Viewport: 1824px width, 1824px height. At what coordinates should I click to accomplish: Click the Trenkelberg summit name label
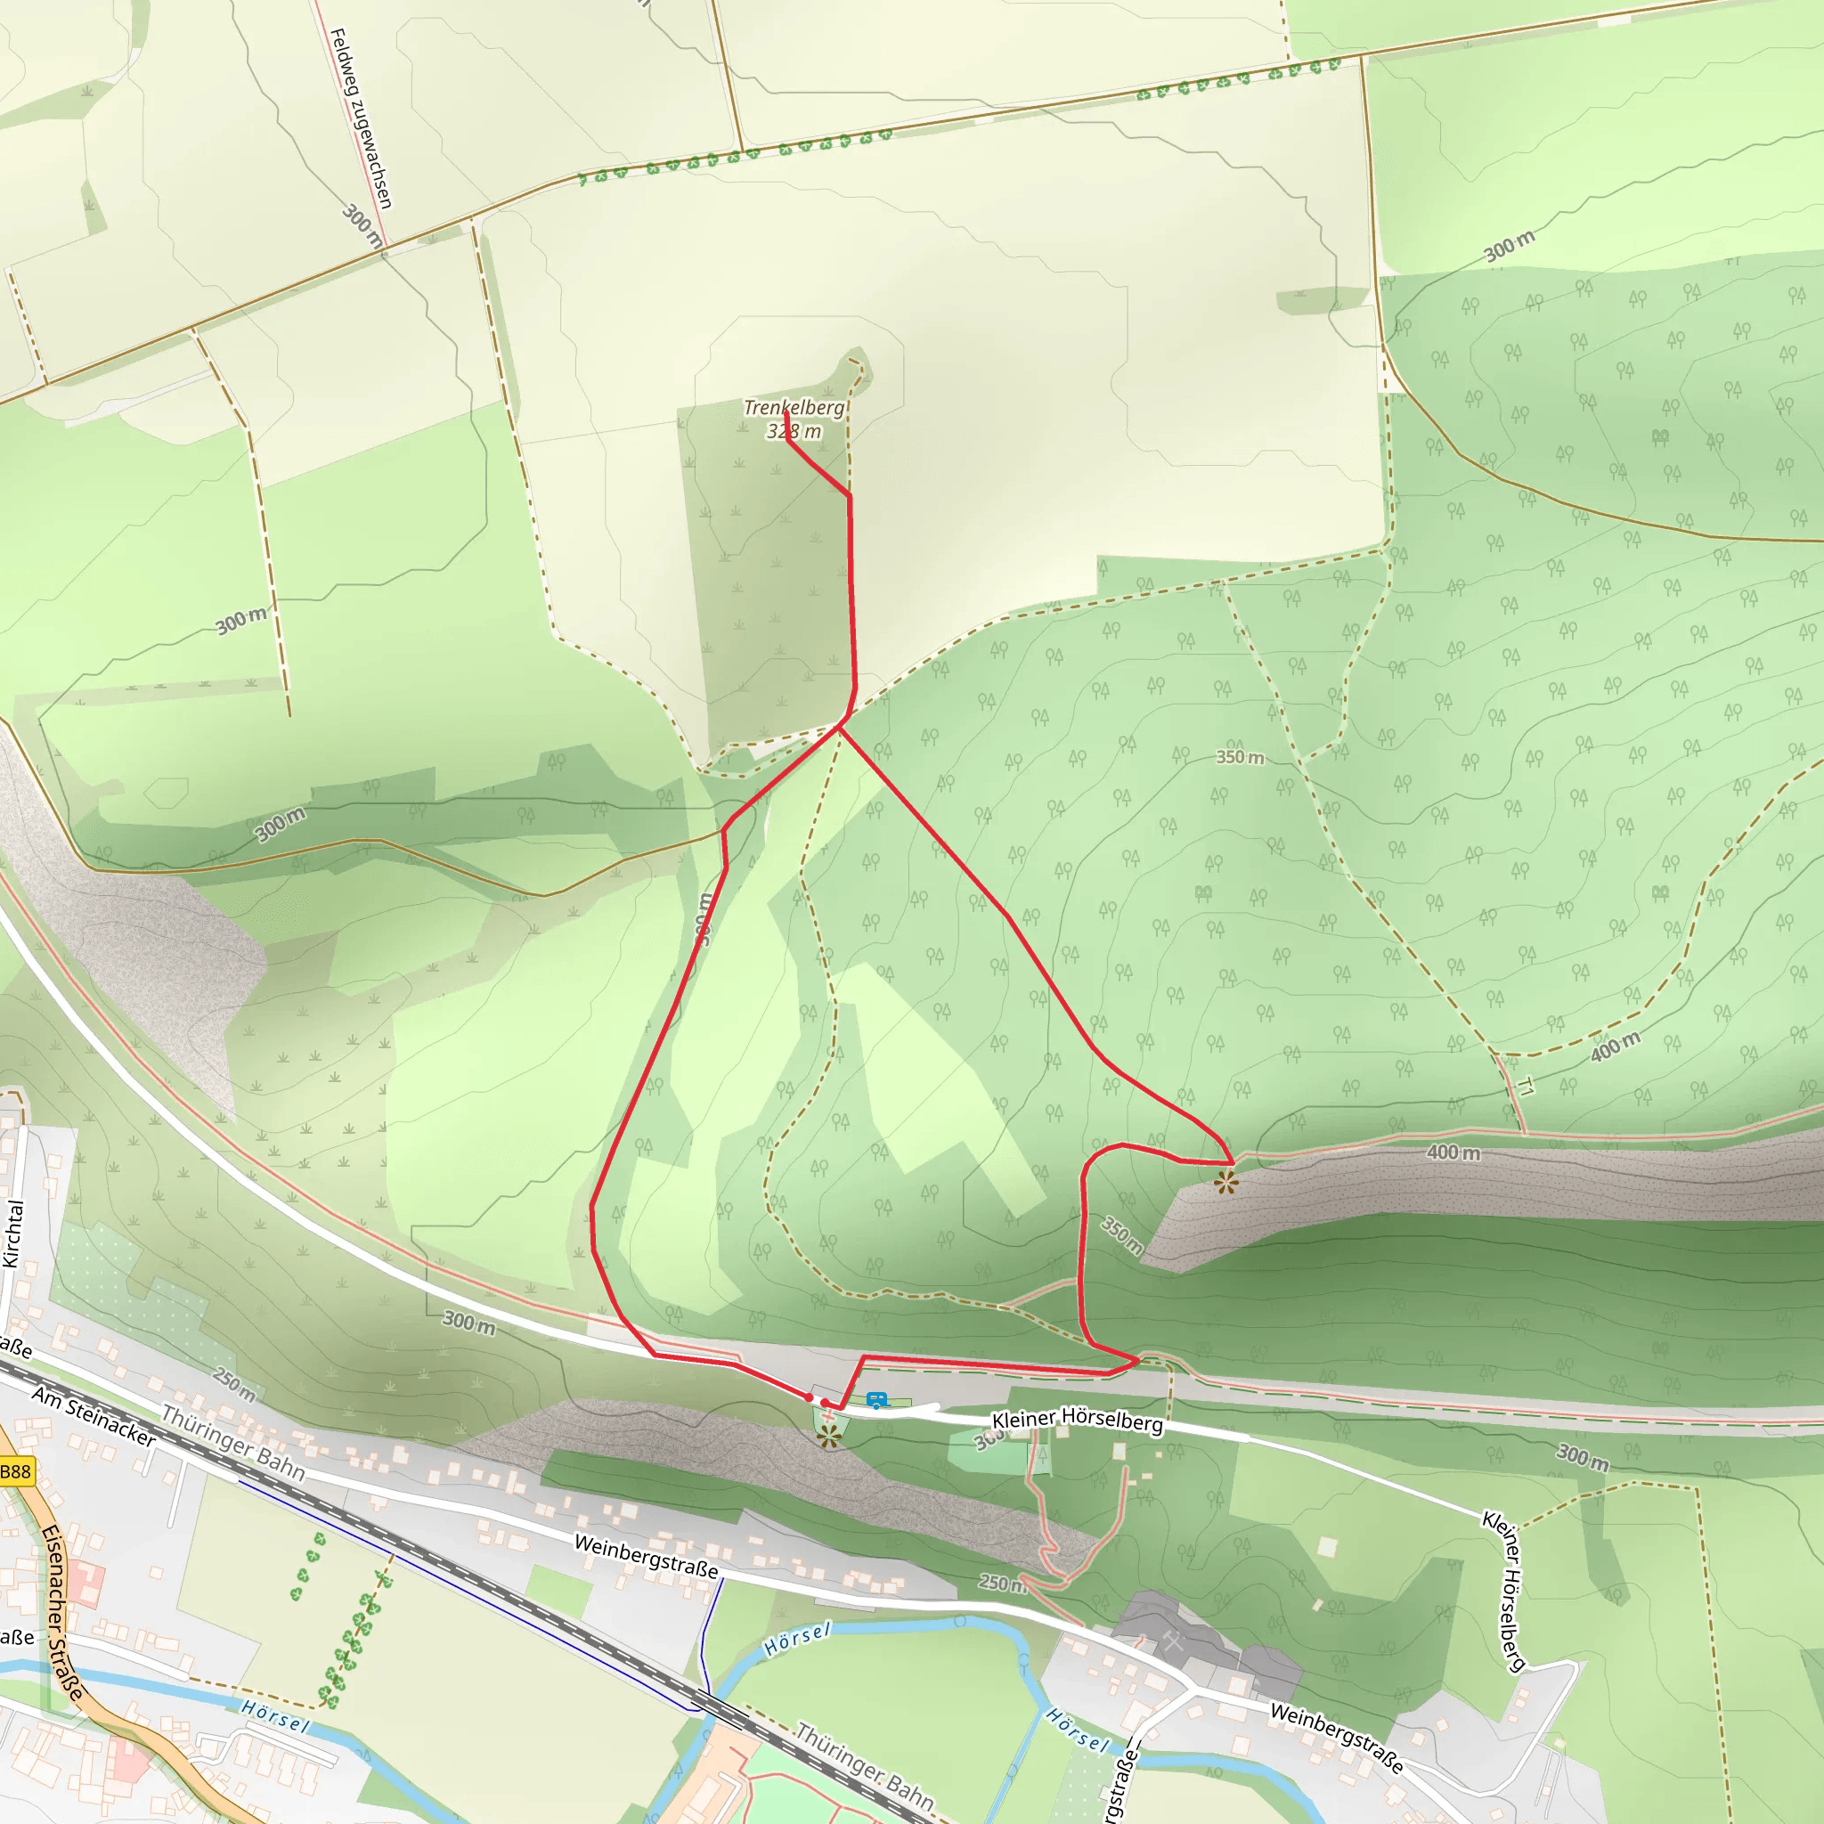point(793,408)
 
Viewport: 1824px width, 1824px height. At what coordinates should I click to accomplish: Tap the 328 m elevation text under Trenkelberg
point(793,431)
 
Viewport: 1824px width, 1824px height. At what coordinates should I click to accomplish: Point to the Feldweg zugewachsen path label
point(360,118)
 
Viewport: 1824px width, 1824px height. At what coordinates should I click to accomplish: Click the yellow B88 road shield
point(16,1472)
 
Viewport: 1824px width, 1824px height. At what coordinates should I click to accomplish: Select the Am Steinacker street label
point(94,1416)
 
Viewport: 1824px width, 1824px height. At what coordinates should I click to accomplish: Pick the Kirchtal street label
point(12,1233)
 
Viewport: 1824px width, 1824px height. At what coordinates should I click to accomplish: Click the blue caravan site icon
point(877,1401)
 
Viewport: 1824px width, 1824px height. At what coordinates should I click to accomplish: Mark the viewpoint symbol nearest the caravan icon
point(830,1437)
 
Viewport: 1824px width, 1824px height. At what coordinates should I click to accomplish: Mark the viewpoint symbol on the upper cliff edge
point(1226,1182)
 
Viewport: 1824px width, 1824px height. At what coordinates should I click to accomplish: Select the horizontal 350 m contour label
point(1240,757)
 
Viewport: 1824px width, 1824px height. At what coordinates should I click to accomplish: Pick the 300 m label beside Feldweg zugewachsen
point(362,226)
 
